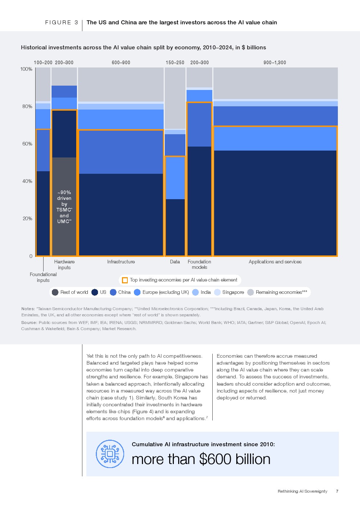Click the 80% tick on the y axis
(27, 107)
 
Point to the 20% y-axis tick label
(27, 219)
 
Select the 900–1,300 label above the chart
(275, 63)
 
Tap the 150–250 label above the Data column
(175, 63)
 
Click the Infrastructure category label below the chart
(121, 262)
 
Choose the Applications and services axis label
(275, 262)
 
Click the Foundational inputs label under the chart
(43, 278)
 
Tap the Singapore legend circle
(217, 292)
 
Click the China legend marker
(113, 292)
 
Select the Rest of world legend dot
(55, 292)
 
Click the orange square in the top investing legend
(125, 280)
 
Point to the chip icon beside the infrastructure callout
(110, 454)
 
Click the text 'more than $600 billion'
(201, 459)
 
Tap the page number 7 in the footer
(337, 491)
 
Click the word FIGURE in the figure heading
(58, 22)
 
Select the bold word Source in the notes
(29, 323)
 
